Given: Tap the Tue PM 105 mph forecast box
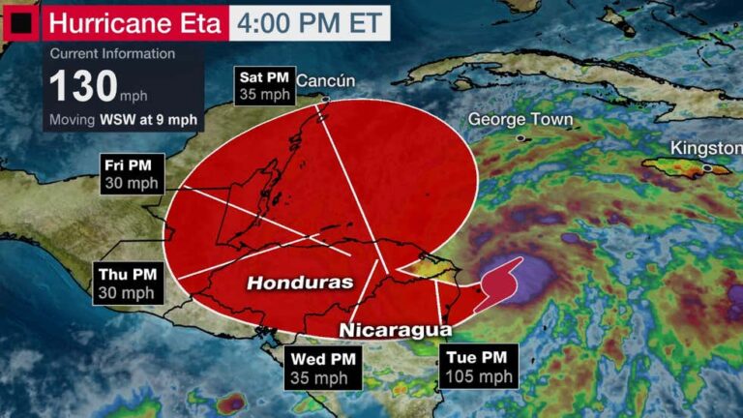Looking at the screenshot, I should pos(478,366).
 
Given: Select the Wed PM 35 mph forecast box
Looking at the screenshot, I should pos(322,369).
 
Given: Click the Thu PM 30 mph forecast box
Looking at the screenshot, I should pos(128,284).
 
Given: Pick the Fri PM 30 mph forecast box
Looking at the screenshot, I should pos(134,172).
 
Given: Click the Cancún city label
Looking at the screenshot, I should pos(325,80).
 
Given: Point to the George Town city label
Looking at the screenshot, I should pos(520,120).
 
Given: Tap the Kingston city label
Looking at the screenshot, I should pos(705,148).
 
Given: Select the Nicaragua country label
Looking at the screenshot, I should pos(394,330).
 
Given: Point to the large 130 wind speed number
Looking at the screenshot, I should pos(83,86).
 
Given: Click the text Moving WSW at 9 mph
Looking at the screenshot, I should pos(124,120).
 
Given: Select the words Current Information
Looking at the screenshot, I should pos(112,54).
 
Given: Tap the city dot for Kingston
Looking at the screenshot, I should pos(707,168).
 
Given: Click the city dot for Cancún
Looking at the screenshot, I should pos(326,99).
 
